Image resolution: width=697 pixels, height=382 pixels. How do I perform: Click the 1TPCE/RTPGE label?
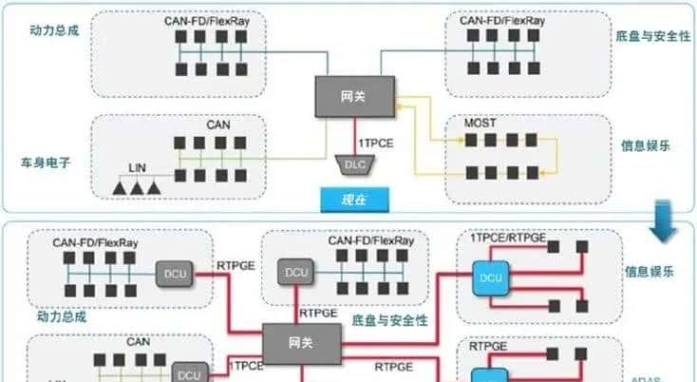[x=508, y=238]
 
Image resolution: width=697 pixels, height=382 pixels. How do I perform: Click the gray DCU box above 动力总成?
[x=176, y=275]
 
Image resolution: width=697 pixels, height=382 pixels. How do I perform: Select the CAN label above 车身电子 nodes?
[x=218, y=123]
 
